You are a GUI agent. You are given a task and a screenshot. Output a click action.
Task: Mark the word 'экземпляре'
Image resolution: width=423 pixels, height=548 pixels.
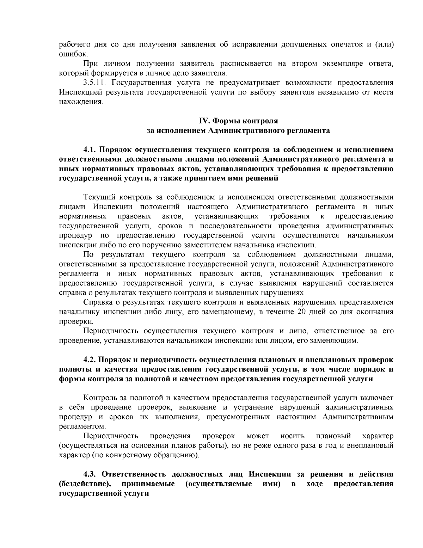[x=341, y=64]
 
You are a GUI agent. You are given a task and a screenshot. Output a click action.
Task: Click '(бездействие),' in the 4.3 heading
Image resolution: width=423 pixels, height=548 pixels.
[x=85, y=483]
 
